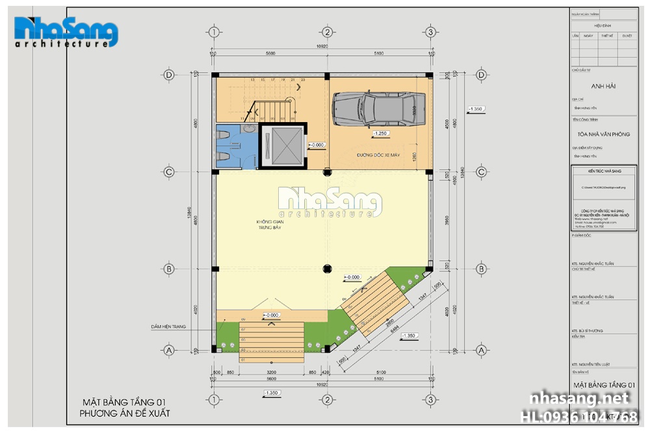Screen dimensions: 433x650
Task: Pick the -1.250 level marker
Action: tap(380, 134)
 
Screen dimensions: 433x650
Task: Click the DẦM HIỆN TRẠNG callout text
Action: tap(168, 327)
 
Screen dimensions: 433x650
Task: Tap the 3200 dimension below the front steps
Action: tap(272, 373)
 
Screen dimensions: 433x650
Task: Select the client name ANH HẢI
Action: tap(603, 86)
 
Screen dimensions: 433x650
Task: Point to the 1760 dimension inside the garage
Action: tap(413, 156)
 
